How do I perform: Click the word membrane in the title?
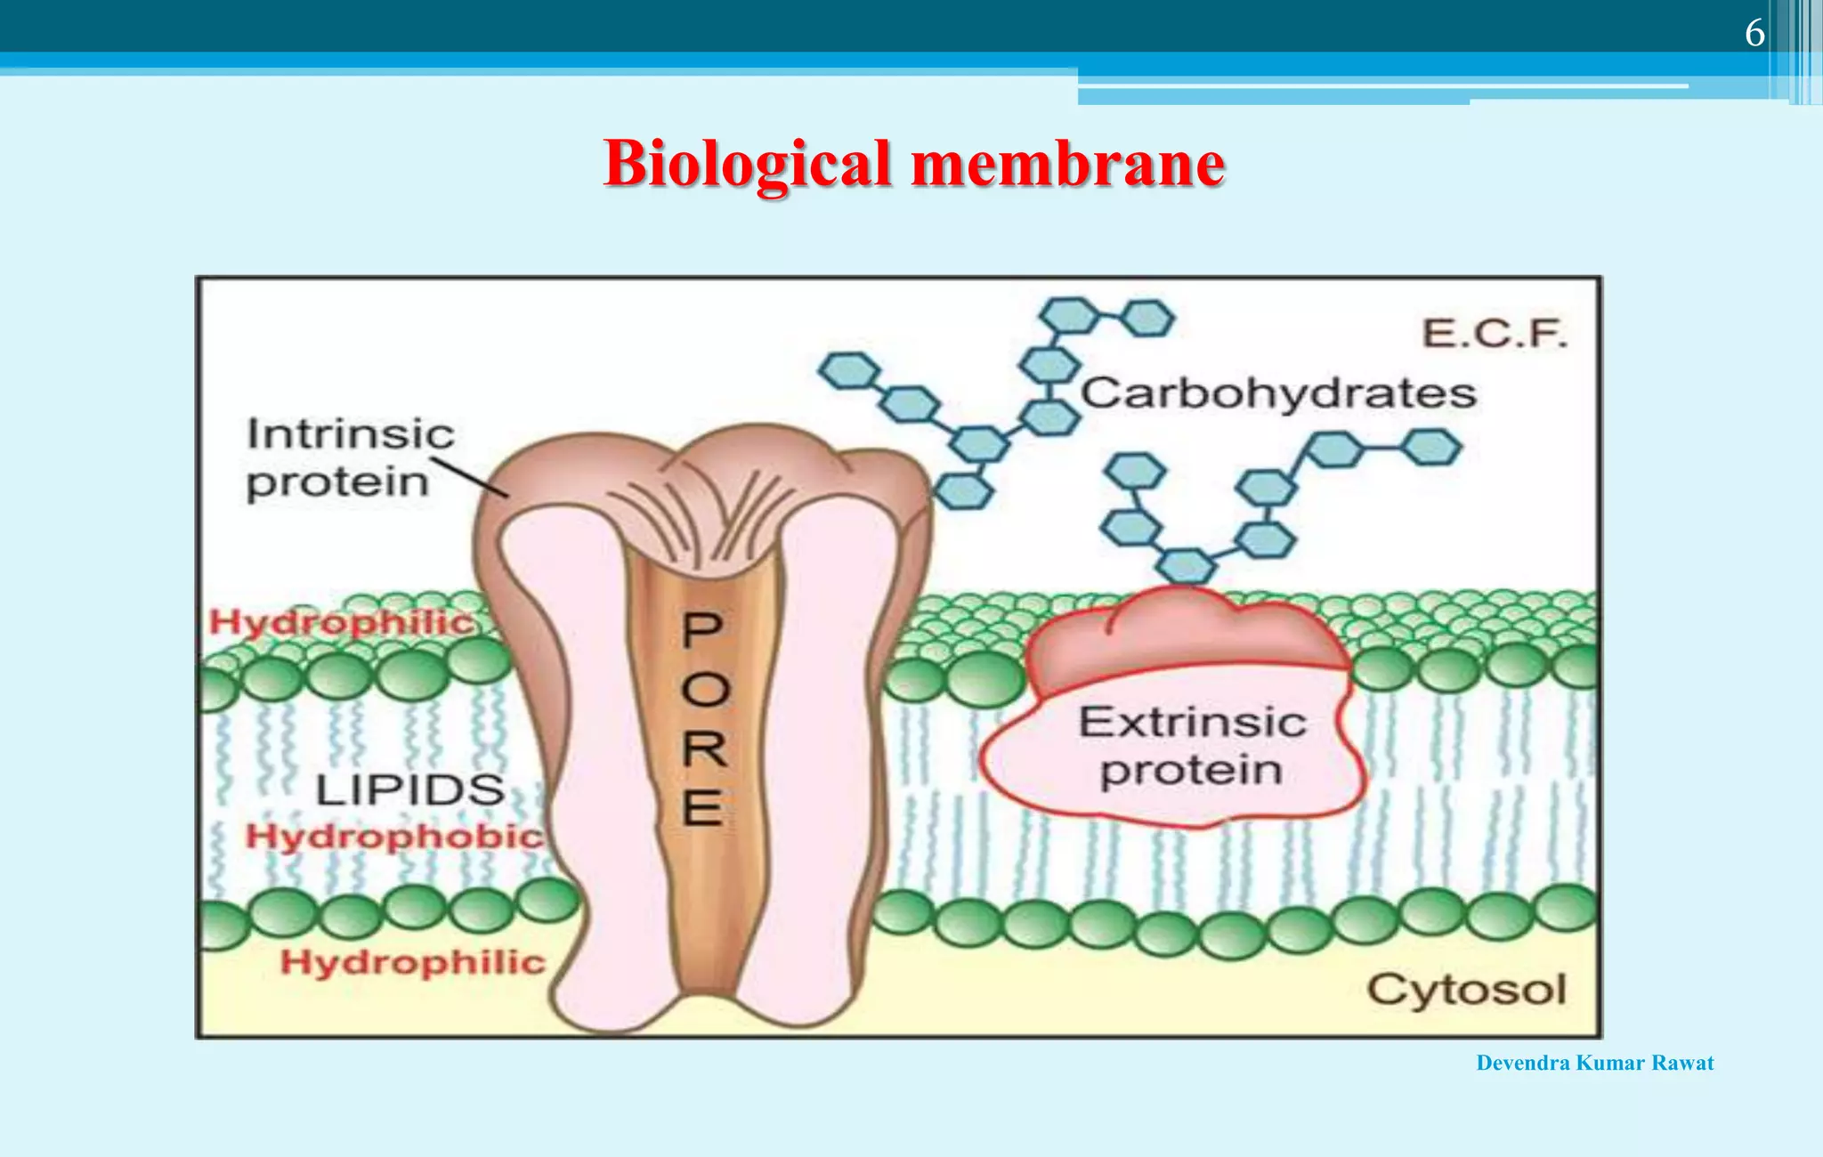[1068, 166]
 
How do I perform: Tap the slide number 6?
[1754, 34]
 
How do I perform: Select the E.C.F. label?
[1495, 334]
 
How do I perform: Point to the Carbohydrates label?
[1279, 393]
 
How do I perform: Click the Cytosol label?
[1466, 989]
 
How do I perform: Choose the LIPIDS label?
[410, 790]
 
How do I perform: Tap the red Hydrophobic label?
[394, 837]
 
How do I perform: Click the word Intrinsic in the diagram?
[351, 434]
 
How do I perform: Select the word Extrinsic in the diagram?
[1193, 722]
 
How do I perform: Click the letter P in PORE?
[702, 630]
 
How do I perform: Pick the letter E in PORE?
[702, 808]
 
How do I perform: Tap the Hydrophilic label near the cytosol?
[412, 962]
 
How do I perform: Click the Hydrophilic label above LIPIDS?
[342, 622]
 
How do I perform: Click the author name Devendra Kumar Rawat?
[1594, 1063]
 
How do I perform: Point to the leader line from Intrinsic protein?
[469, 478]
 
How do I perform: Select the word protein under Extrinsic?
[1191, 771]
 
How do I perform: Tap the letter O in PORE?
[705, 690]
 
